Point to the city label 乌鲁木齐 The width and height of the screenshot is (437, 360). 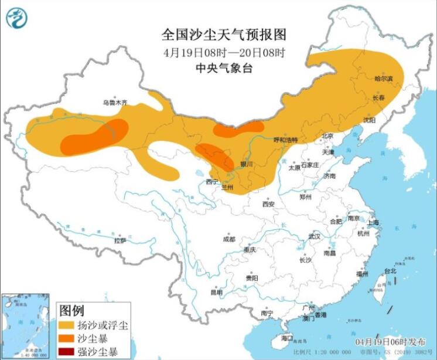coord(115,103)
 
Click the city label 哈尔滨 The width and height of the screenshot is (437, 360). coord(384,78)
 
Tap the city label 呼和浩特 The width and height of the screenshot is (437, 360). coord(286,140)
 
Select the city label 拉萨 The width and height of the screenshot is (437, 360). coord(120,240)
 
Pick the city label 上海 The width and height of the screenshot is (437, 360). coord(373,222)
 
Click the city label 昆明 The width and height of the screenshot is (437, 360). coord(217,291)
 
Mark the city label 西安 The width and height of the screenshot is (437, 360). coord(268,204)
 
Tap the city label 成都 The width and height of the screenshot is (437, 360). coord(228,239)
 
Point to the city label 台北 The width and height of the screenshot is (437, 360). coord(390,271)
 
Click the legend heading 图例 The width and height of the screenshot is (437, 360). coord(72,310)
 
